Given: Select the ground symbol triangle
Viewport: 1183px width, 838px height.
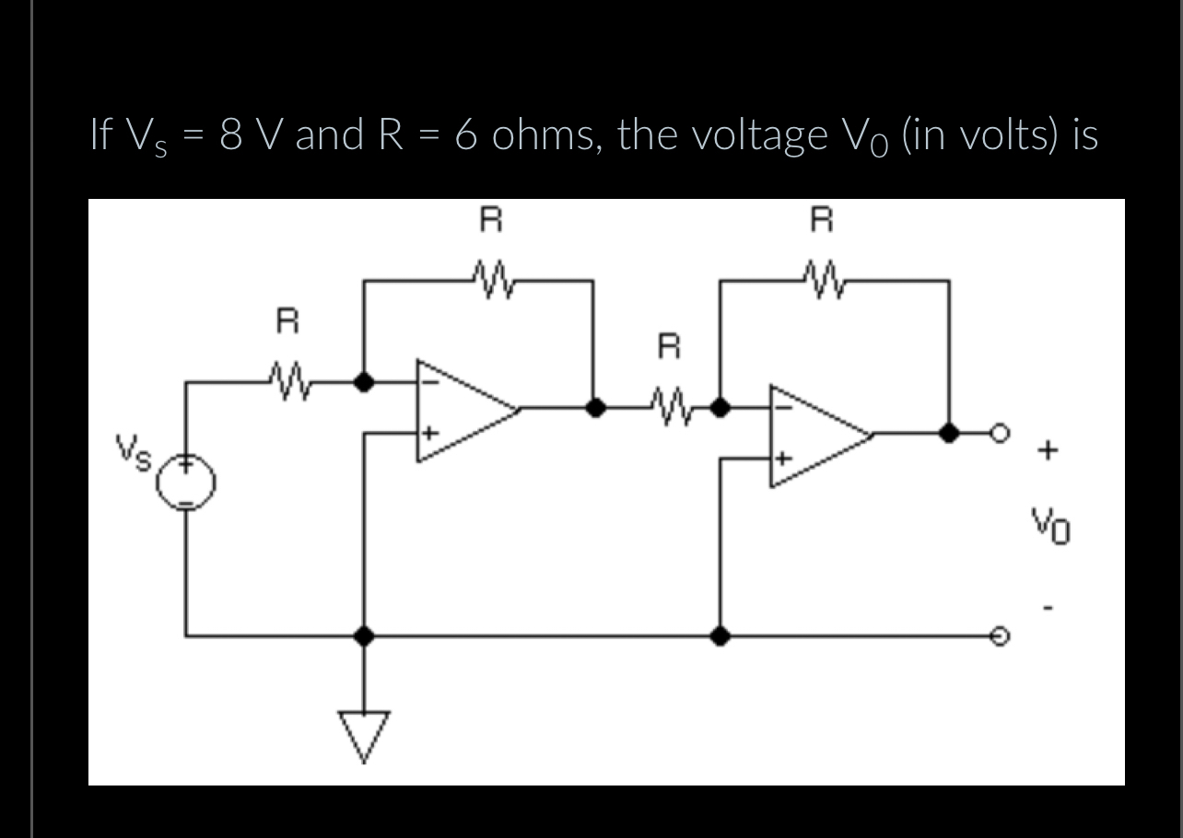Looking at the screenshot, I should (365, 731).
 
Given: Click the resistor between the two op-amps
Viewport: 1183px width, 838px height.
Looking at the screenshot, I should (671, 405).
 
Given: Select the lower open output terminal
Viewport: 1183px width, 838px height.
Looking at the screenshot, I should (996, 635).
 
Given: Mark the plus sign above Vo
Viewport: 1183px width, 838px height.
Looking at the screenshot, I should (1048, 451).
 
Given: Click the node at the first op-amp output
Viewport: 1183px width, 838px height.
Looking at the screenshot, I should (595, 408).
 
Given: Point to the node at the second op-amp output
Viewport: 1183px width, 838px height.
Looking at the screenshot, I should (948, 433).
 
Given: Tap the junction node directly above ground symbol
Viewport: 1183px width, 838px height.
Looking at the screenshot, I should (365, 635).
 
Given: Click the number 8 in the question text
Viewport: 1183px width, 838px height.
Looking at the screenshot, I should (233, 135).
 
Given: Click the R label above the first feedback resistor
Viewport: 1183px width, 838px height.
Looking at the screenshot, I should (493, 221).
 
